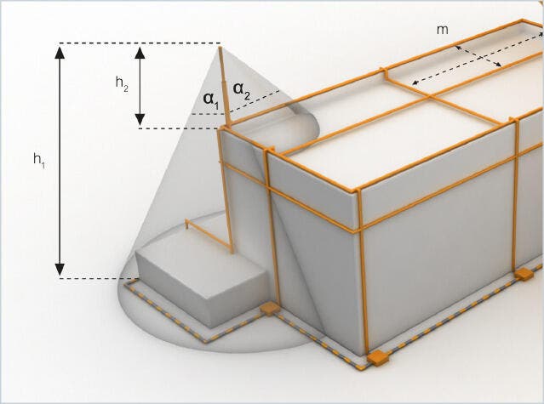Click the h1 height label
pos(39,160)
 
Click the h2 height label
pos(122,83)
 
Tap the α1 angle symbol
pos(211,100)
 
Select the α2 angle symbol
pos(242,90)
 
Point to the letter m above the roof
pos(443,30)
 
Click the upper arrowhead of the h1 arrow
pos(60,53)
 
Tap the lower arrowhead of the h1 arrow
pos(60,270)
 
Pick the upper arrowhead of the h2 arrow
pos(140,53)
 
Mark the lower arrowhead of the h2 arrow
pos(140,120)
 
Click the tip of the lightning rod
pos(220,48)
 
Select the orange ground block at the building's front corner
pos(378,358)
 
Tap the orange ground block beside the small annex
pos(270,309)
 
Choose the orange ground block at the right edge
pos(524,275)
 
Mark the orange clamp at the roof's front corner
pos(358,191)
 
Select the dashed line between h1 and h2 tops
pos(140,43)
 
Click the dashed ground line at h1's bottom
pos(99,278)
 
